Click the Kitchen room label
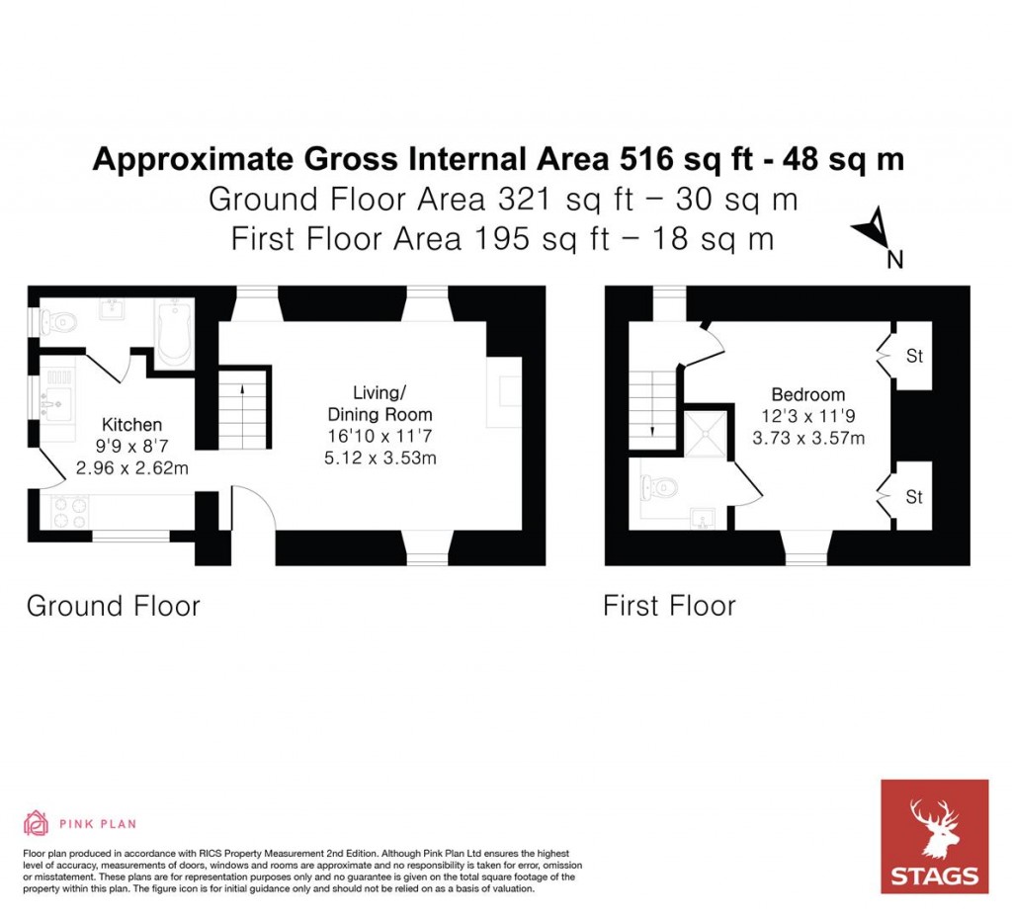(131, 425)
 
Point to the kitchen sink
(51, 403)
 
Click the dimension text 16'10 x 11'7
(380, 436)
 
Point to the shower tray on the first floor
(708, 430)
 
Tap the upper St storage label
(914, 356)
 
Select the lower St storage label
(914, 497)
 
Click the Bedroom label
(807, 394)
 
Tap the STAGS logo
(934, 836)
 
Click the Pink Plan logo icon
(36, 822)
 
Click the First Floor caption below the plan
(669, 605)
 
